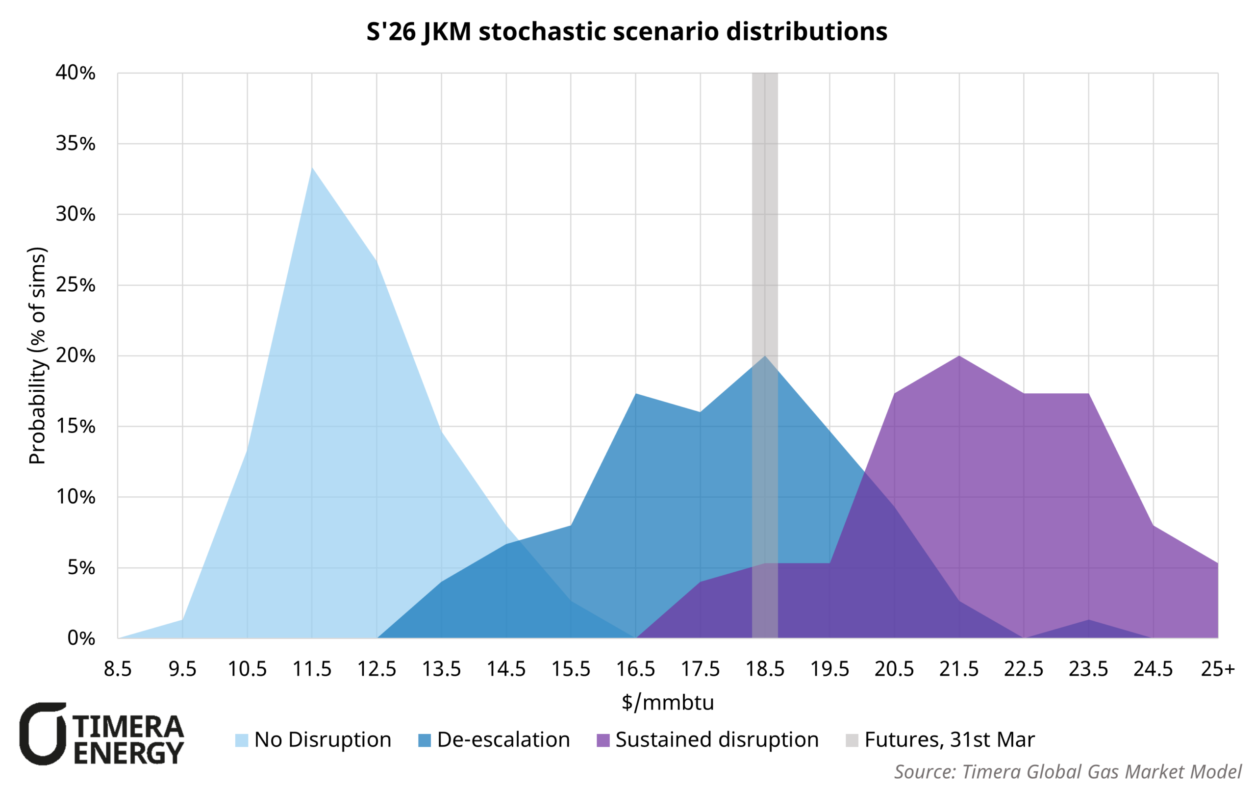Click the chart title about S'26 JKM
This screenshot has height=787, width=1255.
627,31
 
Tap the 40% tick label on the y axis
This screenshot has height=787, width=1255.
75,73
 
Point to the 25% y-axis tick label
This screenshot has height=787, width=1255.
75,285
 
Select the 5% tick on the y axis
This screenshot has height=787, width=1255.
81,567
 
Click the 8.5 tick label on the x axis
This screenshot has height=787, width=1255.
118,669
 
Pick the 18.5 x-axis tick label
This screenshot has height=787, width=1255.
765,669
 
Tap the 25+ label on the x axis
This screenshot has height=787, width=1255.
1218,669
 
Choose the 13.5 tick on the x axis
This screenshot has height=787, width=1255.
441,669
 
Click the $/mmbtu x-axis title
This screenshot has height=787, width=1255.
668,703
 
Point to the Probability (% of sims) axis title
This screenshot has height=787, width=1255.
37,355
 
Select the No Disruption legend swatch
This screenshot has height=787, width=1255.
241,740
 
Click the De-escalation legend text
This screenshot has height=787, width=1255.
503,739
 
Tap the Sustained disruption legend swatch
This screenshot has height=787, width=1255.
602,740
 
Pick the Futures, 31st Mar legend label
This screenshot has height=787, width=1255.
950,739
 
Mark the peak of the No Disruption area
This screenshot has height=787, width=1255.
312,169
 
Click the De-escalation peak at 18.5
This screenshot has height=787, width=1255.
765,356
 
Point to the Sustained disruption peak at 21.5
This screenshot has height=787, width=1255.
958,356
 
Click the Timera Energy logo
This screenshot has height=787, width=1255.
102,734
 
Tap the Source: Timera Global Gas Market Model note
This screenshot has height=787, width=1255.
1068,771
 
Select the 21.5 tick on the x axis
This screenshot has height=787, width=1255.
958,669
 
